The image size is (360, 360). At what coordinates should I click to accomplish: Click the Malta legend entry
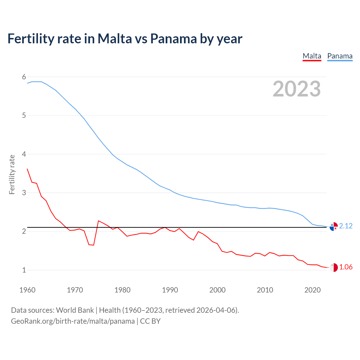(x=312, y=56)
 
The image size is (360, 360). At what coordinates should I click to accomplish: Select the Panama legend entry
(x=340, y=56)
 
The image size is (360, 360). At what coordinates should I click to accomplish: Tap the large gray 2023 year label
(x=296, y=89)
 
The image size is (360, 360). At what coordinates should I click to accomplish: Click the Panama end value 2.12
(x=346, y=226)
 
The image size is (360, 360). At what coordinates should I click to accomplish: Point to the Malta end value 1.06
(x=346, y=267)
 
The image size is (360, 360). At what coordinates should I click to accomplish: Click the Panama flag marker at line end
(x=334, y=226)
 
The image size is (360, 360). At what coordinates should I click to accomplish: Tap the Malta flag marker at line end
(x=334, y=267)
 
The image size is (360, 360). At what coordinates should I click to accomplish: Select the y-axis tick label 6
(x=24, y=77)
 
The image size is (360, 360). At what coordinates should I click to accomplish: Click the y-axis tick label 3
(x=24, y=193)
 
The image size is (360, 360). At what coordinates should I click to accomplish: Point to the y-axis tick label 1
(x=24, y=270)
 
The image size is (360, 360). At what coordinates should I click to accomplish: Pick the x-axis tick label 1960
(x=27, y=290)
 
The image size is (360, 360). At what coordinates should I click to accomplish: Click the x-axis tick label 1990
(x=170, y=290)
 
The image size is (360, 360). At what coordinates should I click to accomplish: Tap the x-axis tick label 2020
(x=312, y=290)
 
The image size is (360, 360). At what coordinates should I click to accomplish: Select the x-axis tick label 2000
(x=217, y=290)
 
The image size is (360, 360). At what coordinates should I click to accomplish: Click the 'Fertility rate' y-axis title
(x=12, y=174)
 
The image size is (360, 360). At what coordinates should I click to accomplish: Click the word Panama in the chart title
(x=173, y=39)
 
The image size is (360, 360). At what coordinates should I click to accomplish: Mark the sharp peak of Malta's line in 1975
(x=98, y=221)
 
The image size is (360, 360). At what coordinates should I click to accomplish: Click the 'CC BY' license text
(x=150, y=321)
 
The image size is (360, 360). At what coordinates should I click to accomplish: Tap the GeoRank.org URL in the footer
(x=73, y=321)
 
